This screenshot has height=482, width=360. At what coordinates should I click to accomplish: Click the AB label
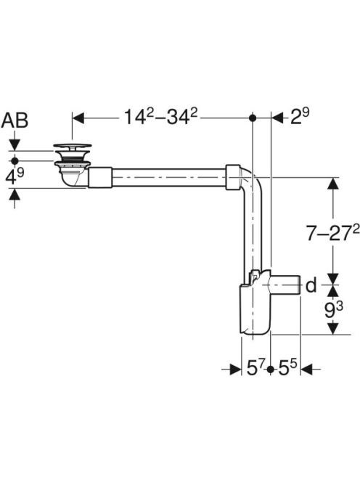coord(15,120)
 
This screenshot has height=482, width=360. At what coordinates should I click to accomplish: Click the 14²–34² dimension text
coord(161,117)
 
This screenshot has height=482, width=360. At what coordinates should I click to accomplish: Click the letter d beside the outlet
coord(311,285)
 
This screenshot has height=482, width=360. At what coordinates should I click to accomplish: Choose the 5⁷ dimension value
coord(255,368)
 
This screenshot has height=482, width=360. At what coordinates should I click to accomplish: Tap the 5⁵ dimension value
coord(287,368)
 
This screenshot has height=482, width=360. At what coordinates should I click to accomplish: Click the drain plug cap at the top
coord(73,146)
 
